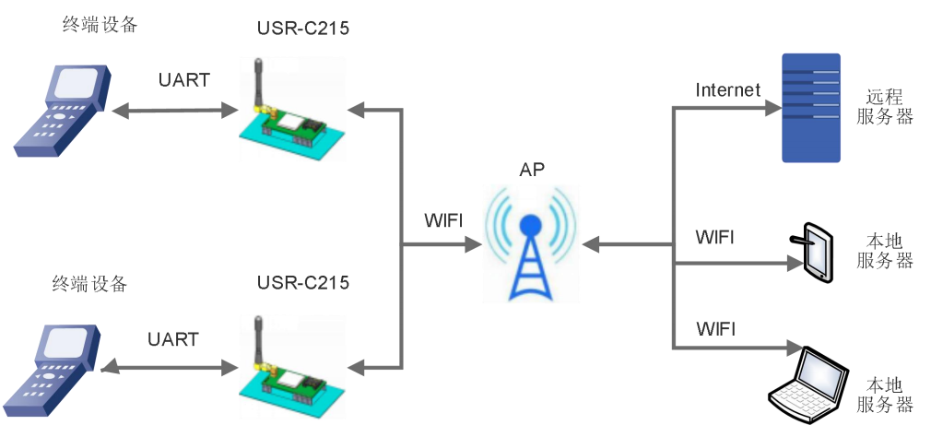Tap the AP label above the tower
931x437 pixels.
532,170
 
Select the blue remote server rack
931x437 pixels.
811,108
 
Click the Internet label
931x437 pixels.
727,89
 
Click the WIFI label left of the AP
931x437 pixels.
443,221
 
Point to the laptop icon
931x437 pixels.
808,386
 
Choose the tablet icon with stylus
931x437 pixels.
815,251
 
